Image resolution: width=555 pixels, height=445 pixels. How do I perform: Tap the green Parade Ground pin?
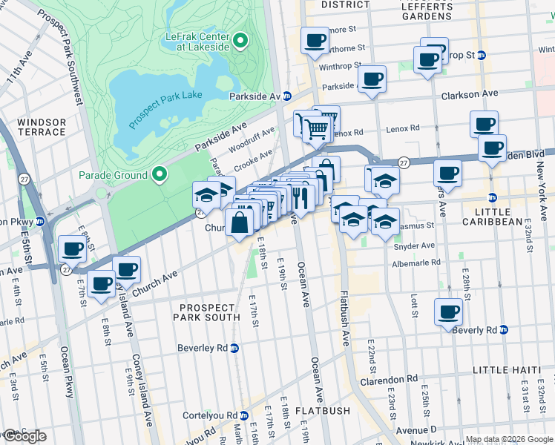point(159,176)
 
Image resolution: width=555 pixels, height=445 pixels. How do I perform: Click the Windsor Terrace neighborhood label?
point(42,127)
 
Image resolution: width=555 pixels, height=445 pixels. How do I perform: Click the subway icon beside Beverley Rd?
point(234,348)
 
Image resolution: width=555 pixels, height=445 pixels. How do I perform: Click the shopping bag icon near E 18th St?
point(240,222)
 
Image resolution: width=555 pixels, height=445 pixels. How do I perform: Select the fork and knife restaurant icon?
point(301,197)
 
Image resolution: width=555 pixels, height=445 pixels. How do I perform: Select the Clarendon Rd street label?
point(392,380)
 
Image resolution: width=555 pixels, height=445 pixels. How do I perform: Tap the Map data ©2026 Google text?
point(509,439)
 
